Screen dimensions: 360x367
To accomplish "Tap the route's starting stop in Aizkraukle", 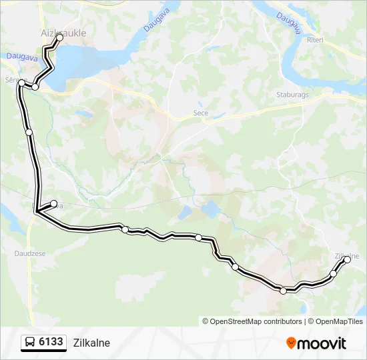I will pos(59,38).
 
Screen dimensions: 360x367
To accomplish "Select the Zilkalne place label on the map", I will pos(346,256).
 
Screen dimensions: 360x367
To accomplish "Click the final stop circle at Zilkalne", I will pos(347,260).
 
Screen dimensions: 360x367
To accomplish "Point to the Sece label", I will pos(200,113).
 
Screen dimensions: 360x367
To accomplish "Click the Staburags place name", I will pos(292,95).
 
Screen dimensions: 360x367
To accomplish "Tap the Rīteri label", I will pos(315,40).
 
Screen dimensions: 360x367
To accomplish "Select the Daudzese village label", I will pos(29,253).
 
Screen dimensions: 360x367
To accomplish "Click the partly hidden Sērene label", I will pos(11,79).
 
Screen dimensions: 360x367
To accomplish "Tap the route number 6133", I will pos(51,342).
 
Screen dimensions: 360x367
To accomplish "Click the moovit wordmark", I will pos(322,343).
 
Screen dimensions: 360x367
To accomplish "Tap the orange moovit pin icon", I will pos(291,343).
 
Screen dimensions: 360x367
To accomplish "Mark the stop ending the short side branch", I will pos(54,204).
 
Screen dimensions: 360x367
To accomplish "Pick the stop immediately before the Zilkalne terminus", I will pos(334,273).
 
